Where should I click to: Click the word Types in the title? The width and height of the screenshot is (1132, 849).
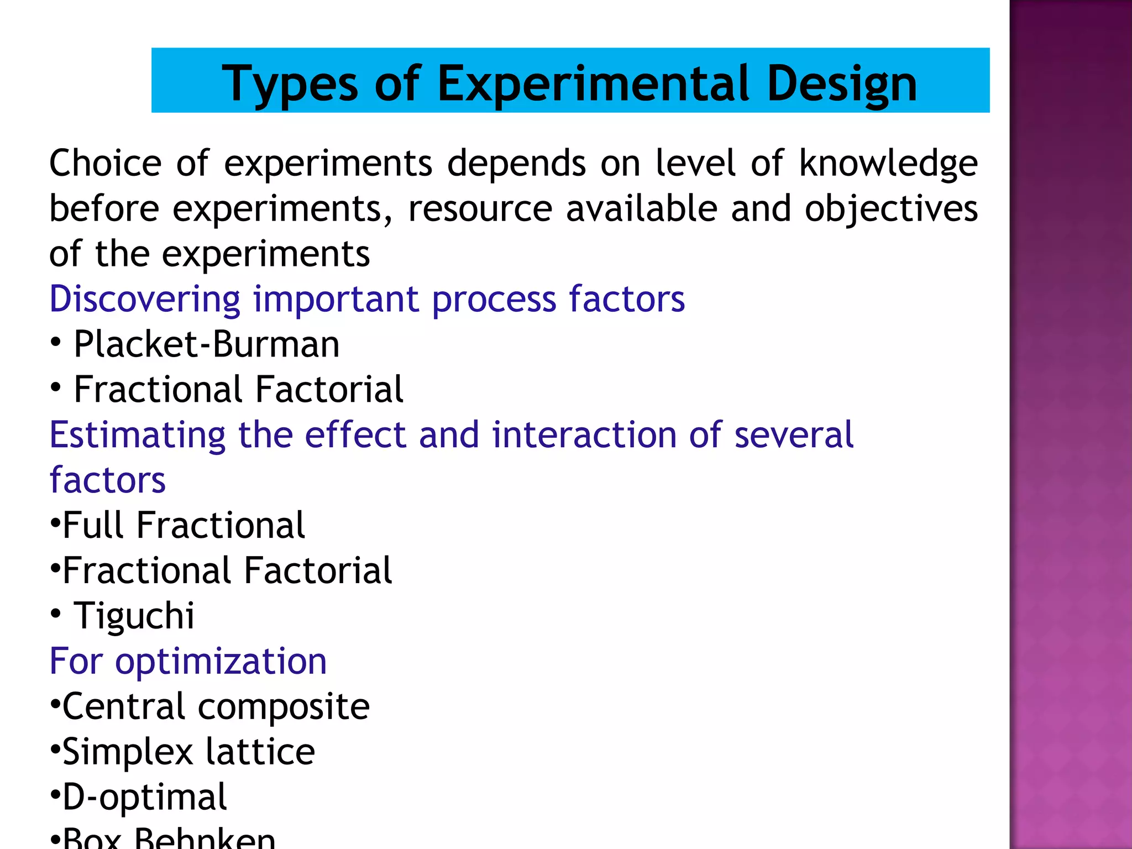290,84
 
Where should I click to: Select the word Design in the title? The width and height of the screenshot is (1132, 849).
842,84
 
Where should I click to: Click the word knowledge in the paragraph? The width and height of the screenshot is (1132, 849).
888,164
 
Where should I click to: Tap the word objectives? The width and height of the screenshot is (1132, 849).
891,209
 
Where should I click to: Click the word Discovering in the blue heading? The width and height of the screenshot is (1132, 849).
145,299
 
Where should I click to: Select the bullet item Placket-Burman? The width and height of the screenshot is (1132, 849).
206,344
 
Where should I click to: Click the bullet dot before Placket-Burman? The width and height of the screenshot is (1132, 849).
55,342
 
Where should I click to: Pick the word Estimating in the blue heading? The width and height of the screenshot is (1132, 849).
138,434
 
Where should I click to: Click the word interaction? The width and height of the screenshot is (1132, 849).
584,434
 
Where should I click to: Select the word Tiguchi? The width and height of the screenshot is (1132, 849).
134,616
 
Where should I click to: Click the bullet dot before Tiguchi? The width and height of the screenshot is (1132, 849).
55,614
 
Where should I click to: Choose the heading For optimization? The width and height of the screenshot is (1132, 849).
188,661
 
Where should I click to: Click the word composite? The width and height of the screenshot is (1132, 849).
284,706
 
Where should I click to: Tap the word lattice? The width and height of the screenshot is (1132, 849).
260,752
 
